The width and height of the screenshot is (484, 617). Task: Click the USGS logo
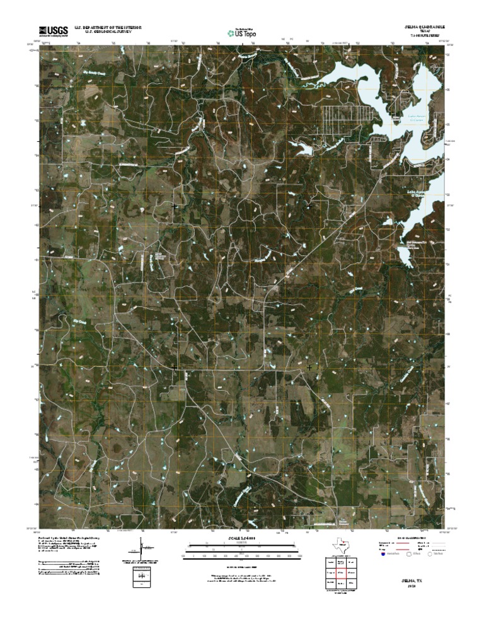point(54,32)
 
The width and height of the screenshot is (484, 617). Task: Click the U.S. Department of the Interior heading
point(107,28)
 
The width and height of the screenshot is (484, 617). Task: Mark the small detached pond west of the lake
point(304,149)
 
